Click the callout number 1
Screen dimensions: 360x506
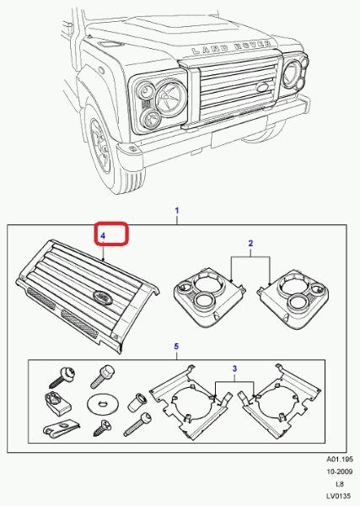(x=177, y=211)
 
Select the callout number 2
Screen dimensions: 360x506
(x=250, y=244)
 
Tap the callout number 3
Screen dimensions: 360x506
(x=234, y=369)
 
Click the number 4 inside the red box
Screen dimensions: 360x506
(x=103, y=236)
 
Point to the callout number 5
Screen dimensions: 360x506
(x=176, y=347)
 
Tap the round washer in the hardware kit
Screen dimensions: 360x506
(x=103, y=403)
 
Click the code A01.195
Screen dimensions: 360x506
(x=340, y=459)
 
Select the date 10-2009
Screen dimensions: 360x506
(x=340, y=471)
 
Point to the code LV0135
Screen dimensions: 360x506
(x=340, y=496)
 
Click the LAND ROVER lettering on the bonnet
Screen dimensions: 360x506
(x=231, y=47)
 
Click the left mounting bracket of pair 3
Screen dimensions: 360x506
(x=191, y=402)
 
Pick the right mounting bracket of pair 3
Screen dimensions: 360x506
(x=279, y=402)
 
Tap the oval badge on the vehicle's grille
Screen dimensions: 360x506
(x=262, y=87)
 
